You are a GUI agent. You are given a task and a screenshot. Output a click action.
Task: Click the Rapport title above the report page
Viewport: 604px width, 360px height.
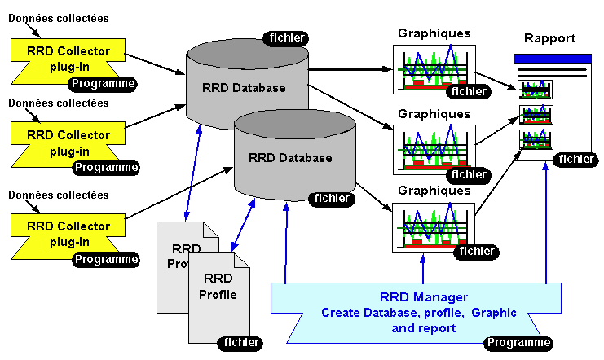(x=549, y=38)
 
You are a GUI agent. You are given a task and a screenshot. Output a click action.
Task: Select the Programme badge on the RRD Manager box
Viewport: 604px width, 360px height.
(x=518, y=343)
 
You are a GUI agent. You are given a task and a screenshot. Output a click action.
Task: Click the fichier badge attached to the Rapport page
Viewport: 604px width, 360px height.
(x=575, y=159)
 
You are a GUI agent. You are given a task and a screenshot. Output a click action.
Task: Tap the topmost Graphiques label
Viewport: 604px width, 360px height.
(x=434, y=33)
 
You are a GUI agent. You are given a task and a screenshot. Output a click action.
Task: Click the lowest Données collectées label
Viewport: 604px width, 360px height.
(x=58, y=195)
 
